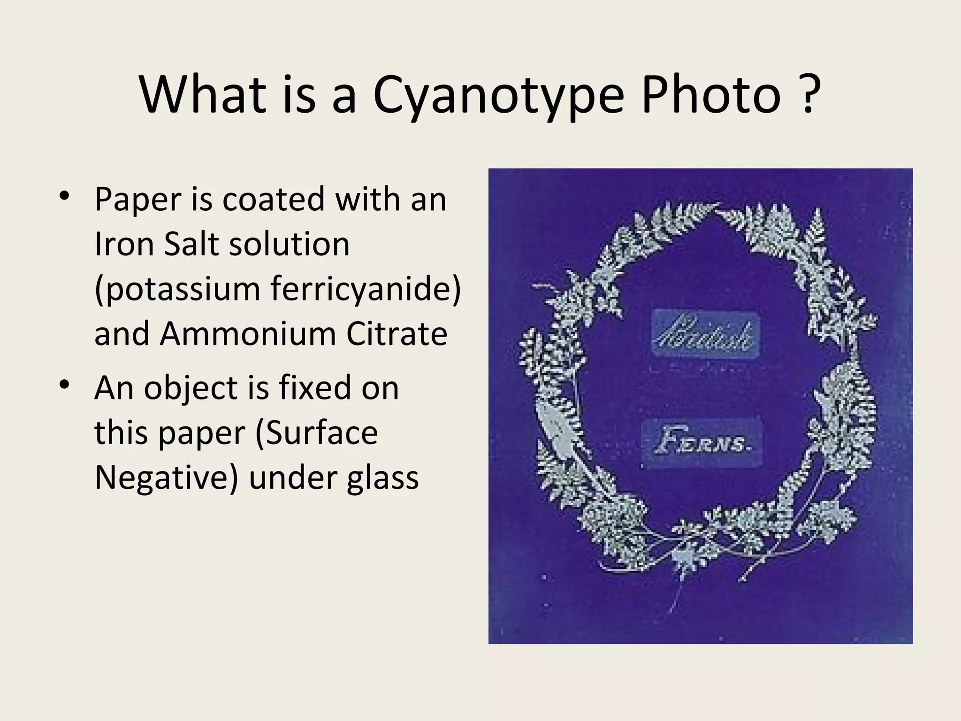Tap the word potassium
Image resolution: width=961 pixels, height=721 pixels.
(x=177, y=289)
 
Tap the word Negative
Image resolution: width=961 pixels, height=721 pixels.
(x=166, y=478)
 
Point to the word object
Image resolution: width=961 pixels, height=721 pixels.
(x=206, y=389)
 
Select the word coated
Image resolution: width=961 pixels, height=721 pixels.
(x=274, y=199)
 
